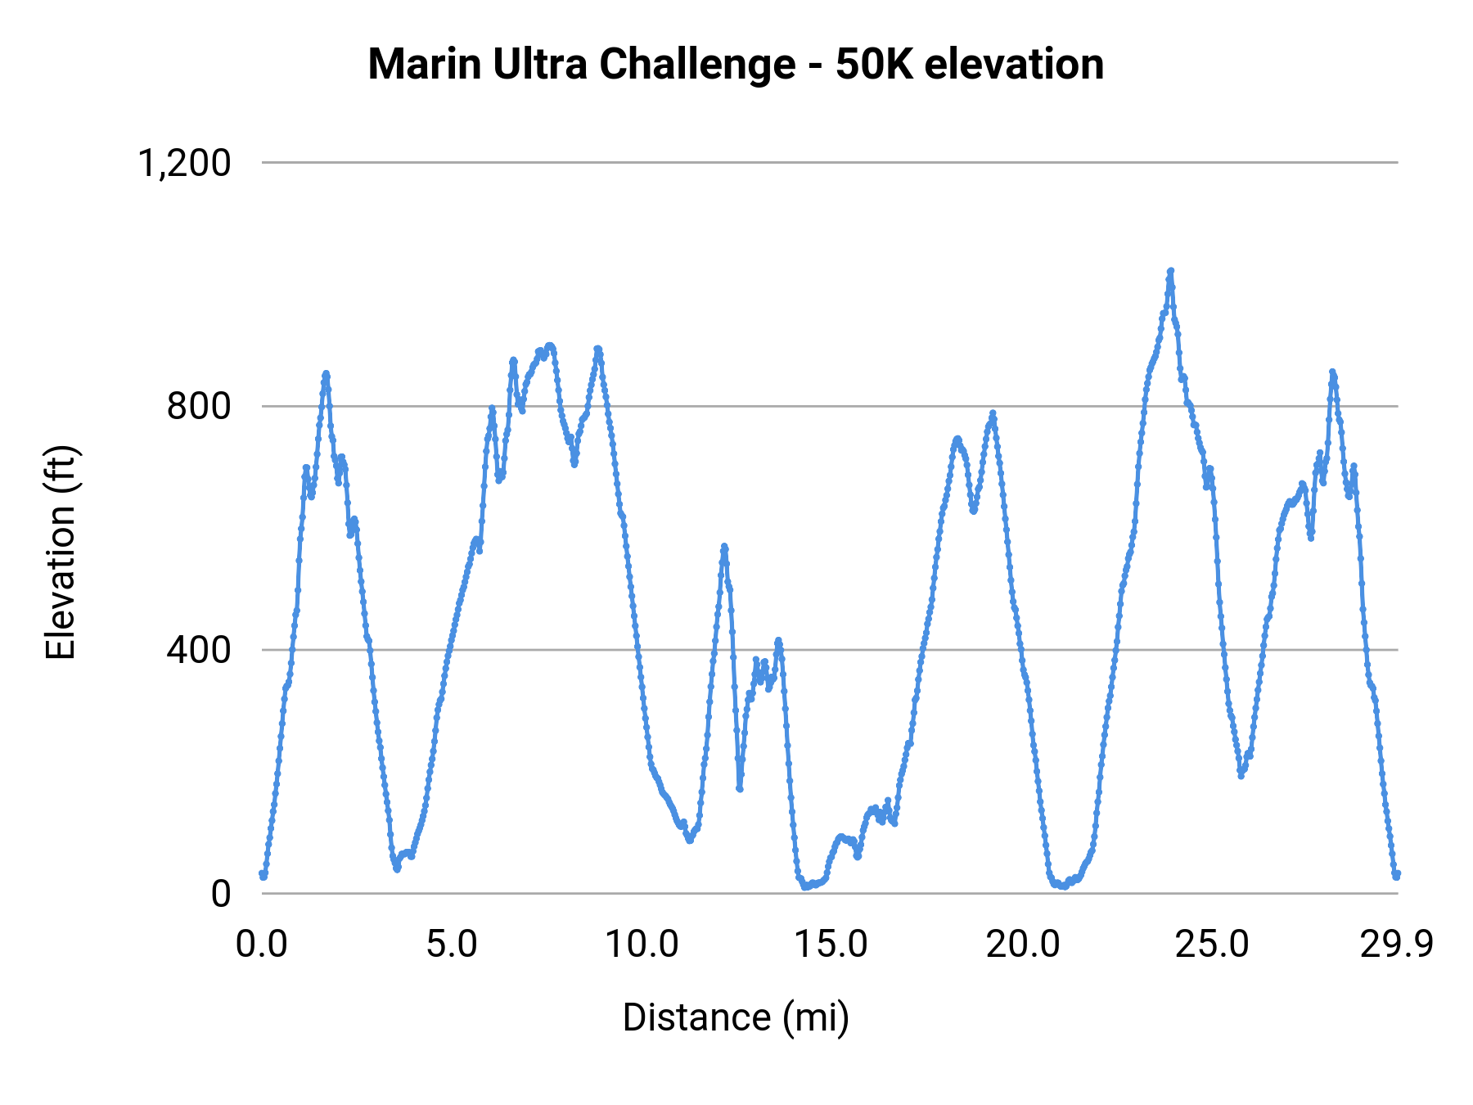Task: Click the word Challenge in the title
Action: (x=697, y=64)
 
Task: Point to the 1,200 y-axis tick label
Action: (x=185, y=163)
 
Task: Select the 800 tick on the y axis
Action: (x=199, y=406)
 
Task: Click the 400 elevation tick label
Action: (x=199, y=650)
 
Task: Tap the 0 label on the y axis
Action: (x=221, y=894)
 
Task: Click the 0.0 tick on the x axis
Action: (x=262, y=945)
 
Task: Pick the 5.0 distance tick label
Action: (x=452, y=945)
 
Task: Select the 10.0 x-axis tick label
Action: (x=642, y=945)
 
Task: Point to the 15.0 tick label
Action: (x=831, y=945)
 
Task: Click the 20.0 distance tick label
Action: (x=1022, y=945)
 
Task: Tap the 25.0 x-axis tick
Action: (x=1212, y=945)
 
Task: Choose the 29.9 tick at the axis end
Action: (x=1397, y=945)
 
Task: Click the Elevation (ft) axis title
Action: (x=61, y=552)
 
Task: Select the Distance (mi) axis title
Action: (x=736, y=1017)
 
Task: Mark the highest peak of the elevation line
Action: (x=1170, y=271)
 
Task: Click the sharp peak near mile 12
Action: (x=724, y=547)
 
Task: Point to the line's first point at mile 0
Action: (x=263, y=874)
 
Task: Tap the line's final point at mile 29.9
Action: (x=1397, y=874)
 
